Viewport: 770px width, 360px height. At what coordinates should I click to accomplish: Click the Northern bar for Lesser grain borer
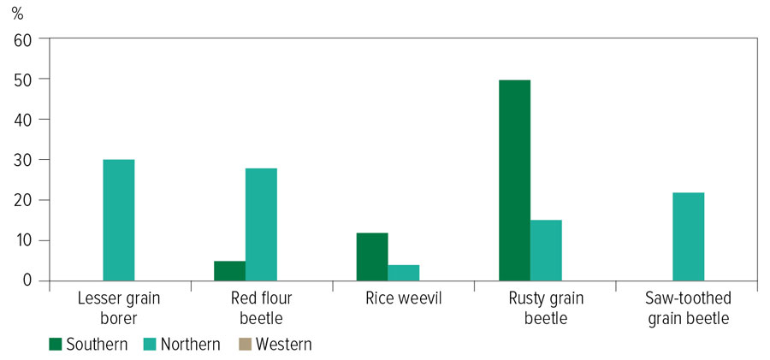[x=118, y=220]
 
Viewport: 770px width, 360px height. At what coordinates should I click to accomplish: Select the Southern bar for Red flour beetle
[x=230, y=271]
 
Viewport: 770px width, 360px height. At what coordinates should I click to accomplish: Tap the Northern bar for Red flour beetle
[x=261, y=225]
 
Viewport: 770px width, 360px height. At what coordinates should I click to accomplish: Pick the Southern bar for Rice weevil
[x=372, y=257]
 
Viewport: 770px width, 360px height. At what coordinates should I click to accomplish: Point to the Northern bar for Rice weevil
[x=404, y=273]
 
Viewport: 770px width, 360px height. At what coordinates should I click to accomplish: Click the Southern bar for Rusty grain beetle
[x=515, y=180]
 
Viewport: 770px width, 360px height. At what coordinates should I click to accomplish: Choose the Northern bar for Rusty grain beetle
[x=546, y=251]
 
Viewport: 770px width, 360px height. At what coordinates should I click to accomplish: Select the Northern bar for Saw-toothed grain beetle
[x=689, y=237]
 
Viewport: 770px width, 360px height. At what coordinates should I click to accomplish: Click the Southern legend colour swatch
[x=56, y=345]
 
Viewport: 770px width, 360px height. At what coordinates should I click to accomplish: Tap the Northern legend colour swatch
[x=151, y=345]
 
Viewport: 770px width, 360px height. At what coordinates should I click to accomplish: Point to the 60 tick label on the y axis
[x=21, y=38]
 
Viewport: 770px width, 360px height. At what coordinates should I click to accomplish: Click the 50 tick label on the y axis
[x=21, y=79]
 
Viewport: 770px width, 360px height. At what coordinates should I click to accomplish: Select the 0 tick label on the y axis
[x=27, y=281]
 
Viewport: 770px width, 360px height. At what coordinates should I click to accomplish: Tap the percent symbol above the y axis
[x=17, y=14]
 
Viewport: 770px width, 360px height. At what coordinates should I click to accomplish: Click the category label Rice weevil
[x=404, y=298]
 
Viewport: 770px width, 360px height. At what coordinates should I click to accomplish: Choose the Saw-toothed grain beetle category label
[x=689, y=308]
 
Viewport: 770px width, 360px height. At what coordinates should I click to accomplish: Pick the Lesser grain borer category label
[x=119, y=308]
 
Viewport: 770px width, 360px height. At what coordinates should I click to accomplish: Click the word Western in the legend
[x=284, y=345]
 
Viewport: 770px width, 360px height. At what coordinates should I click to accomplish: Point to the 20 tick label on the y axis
[x=21, y=200]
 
